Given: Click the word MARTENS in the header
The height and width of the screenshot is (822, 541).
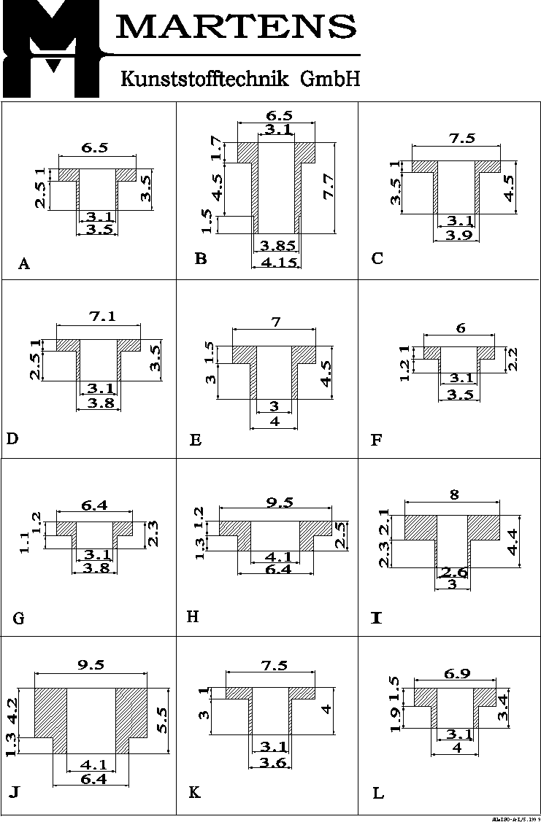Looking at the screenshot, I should [x=236, y=28].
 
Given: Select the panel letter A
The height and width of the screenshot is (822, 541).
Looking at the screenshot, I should [x=24, y=264].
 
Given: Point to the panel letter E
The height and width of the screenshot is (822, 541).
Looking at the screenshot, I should [x=195, y=440].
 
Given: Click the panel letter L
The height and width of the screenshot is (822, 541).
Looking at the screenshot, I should [x=378, y=794].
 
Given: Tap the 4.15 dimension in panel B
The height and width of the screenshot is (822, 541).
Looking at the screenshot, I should [x=278, y=262].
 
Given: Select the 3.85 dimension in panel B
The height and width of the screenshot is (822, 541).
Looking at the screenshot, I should [x=277, y=247].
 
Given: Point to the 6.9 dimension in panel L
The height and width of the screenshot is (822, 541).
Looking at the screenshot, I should [x=456, y=674].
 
